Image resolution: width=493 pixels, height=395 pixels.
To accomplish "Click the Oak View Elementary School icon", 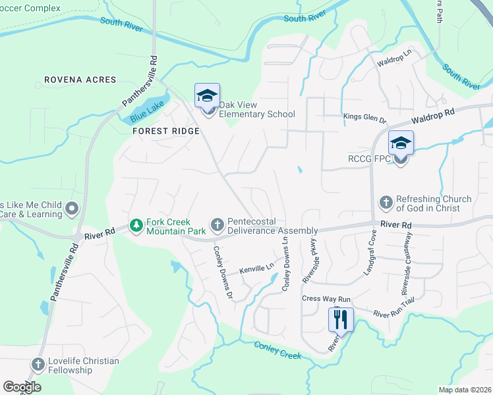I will click(207, 97).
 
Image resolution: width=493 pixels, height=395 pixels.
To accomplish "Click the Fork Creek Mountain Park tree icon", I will click(136, 226).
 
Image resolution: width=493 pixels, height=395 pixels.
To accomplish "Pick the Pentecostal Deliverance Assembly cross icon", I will click(217, 226).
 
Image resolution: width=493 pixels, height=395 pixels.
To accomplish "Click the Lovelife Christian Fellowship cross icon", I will click(38, 365).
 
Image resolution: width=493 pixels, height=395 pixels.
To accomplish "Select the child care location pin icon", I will click(72, 209).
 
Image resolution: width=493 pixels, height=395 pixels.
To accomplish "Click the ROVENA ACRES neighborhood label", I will click(80, 80).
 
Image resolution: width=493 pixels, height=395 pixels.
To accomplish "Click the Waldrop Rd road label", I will click(432, 116).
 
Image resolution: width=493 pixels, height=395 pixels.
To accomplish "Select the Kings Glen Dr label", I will click(364, 117).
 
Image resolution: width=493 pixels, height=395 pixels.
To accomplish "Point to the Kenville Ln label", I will click(256, 269).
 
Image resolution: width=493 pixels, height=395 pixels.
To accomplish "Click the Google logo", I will click(22, 387).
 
